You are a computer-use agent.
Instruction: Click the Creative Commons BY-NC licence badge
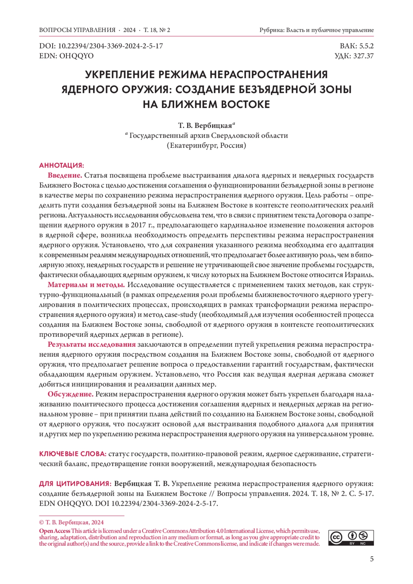click(x=351, y=538)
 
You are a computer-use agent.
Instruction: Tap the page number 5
click(x=372, y=559)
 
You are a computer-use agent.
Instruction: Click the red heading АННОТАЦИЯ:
click(x=62, y=165)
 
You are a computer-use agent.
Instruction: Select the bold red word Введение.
click(x=65, y=175)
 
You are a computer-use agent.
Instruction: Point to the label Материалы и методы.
click(x=86, y=285)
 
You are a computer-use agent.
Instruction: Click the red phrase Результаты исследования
click(x=92, y=345)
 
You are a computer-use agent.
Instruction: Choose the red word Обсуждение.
click(x=71, y=394)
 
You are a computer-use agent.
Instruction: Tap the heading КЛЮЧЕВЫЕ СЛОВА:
click(x=73, y=454)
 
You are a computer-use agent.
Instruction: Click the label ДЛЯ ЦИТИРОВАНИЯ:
click(x=75, y=484)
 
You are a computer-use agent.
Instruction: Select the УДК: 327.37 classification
click(x=354, y=56)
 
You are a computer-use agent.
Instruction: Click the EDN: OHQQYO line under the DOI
click(x=66, y=56)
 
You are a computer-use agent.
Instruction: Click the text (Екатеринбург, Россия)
click(x=206, y=145)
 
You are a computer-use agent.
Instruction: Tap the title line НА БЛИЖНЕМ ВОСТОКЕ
click(x=206, y=104)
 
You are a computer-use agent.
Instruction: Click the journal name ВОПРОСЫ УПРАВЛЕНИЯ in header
click(x=77, y=30)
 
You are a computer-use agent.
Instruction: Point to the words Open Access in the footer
click(x=55, y=531)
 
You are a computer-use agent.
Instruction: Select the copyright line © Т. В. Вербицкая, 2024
click(x=71, y=522)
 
